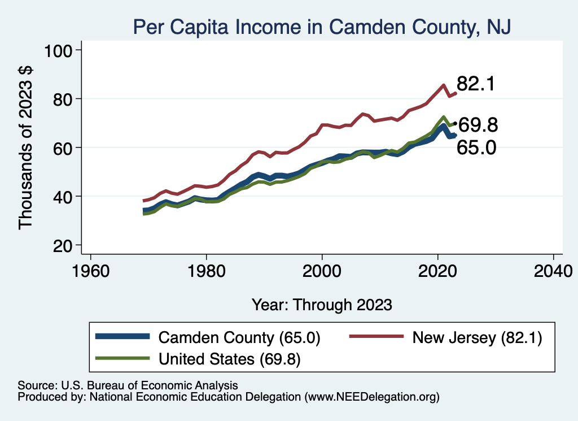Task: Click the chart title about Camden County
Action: tap(321, 27)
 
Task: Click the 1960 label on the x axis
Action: tap(91, 270)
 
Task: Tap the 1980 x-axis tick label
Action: tap(207, 270)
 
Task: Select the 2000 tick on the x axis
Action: tap(322, 270)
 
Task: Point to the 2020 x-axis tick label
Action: tap(437, 270)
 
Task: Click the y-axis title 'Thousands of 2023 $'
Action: tap(26, 147)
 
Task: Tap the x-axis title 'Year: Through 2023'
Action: tap(322, 305)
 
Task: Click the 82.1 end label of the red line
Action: tap(476, 84)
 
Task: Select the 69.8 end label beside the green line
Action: tap(478, 125)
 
